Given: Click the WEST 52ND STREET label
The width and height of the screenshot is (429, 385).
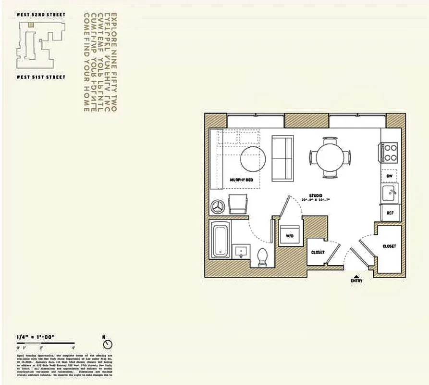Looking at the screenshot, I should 40,15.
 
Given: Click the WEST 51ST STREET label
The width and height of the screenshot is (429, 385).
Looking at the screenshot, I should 40,77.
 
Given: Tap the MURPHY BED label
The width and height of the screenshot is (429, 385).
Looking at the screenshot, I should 241,180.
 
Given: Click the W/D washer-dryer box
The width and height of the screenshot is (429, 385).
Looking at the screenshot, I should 290,235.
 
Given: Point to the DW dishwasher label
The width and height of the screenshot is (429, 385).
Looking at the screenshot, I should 389,176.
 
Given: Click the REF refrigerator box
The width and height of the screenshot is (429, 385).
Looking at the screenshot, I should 390,213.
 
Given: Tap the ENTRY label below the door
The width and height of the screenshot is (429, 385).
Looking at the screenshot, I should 356,281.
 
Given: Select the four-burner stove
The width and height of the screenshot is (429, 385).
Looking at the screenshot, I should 390,153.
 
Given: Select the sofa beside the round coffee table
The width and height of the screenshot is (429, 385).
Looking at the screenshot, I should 282,158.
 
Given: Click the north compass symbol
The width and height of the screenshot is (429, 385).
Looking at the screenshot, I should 108,345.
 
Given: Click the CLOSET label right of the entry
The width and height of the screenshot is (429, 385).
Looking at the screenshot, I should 389,246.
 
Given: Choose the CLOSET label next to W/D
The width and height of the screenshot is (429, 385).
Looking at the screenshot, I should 318,252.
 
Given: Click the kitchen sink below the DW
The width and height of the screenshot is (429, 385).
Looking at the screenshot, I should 390,193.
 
